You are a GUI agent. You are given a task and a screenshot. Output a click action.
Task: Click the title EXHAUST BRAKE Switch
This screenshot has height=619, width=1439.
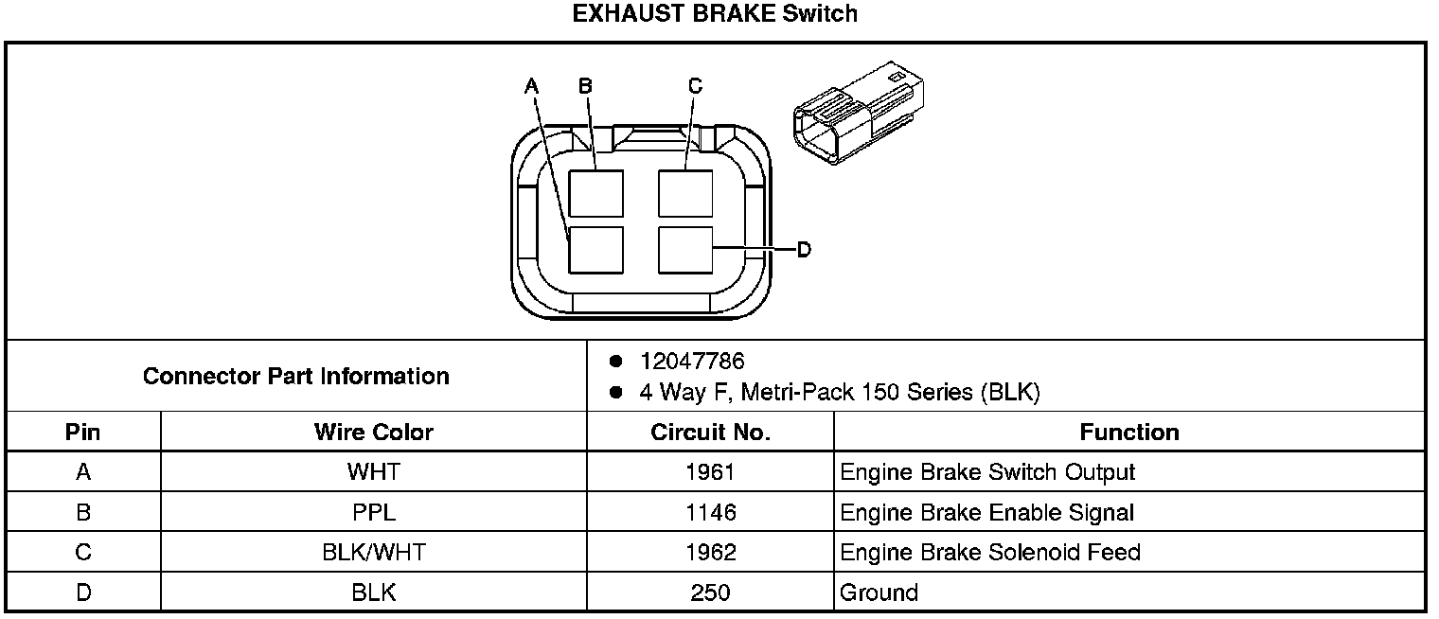715,14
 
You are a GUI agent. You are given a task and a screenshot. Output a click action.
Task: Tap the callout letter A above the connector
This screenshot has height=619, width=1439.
532,86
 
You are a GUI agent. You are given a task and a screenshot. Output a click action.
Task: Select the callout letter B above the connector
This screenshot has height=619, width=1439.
585,86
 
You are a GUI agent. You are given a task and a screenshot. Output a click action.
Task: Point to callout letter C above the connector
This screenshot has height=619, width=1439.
695,86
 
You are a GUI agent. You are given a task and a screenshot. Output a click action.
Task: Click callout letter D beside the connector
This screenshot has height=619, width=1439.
803,249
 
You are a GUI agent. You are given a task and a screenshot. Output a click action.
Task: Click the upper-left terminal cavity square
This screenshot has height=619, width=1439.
595,193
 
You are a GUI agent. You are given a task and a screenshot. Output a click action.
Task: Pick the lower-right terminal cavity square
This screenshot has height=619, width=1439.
684,249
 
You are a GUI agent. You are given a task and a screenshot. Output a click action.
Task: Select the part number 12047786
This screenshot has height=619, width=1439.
692,362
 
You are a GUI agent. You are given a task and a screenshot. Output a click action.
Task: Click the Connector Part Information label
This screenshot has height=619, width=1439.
295,376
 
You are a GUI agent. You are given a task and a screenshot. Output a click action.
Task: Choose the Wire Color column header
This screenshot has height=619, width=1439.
373,433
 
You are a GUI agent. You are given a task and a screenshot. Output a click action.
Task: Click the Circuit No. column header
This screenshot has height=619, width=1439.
710,433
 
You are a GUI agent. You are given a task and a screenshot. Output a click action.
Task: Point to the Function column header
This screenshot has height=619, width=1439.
1128,433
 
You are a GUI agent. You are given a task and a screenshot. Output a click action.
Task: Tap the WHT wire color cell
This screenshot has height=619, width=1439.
373,472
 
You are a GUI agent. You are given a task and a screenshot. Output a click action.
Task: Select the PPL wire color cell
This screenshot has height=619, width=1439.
373,513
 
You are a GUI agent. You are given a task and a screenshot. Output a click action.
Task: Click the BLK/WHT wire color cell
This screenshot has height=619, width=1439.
373,553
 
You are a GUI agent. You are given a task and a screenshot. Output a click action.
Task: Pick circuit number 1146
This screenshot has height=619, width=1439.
710,513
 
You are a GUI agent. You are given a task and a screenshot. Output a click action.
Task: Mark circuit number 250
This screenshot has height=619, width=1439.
710,593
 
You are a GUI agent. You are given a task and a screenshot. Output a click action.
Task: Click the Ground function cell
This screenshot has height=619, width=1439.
879,593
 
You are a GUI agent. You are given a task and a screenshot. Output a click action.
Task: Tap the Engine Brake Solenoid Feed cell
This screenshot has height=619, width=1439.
990,553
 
